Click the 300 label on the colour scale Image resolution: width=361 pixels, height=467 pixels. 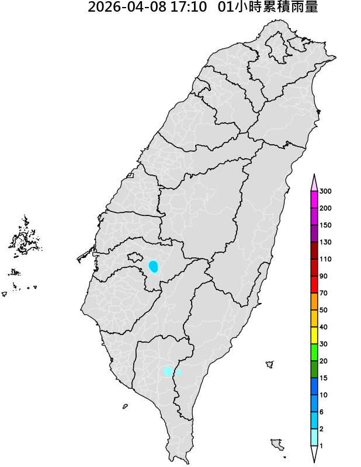(x=326, y=191)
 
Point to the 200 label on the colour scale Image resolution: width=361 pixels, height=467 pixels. (x=326, y=208)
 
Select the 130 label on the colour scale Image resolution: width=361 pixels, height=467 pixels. (x=326, y=242)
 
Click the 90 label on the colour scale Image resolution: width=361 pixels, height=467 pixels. (x=324, y=276)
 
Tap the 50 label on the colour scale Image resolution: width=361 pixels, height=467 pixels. (x=324, y=310)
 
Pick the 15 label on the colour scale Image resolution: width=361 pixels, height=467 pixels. (x=324, y=378)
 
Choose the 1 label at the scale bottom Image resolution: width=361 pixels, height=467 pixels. (x=322, y=446)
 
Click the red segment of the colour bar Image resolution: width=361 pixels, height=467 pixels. (x=314, y=284)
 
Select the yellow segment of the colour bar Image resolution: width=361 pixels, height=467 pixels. (x=314, y=335)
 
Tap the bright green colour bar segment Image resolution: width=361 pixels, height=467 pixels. (x=314, y=352)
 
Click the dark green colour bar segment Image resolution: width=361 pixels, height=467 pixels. (x=314, y=370)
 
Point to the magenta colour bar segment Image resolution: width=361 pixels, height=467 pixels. (x=314, y=200)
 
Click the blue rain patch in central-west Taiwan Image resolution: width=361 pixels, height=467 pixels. (x=154, y=266)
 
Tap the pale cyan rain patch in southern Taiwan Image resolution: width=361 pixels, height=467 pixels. (x=170, y=371)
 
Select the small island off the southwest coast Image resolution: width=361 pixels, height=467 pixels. (x=125, y=406)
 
